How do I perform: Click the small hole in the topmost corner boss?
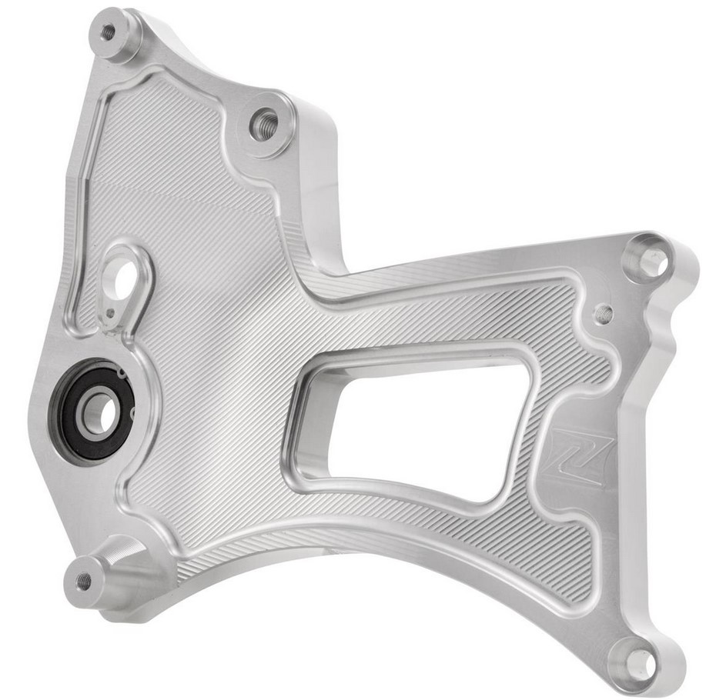(109, 32)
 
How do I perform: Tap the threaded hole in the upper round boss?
(264, 123)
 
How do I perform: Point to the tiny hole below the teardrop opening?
(112, 312)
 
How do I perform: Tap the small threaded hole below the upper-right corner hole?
(605, 313)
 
